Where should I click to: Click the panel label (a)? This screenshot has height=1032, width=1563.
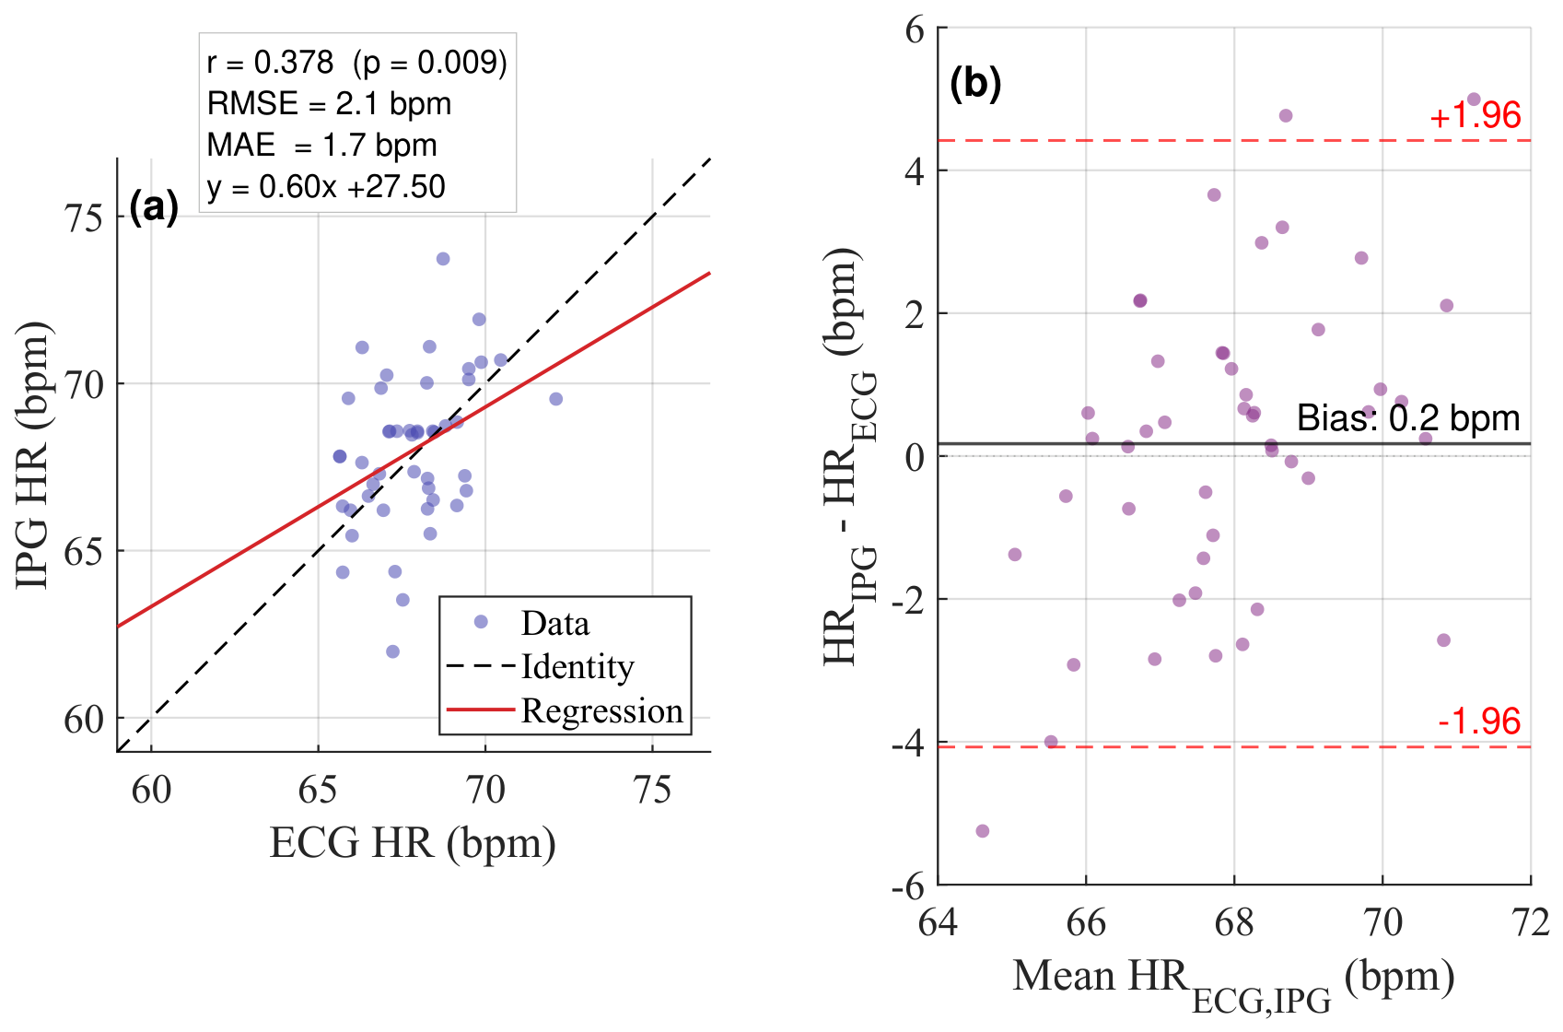154,208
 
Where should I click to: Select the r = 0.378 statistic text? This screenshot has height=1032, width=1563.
270,63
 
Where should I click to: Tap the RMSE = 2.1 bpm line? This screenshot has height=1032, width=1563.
329,104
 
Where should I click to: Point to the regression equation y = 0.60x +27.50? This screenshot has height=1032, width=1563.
326,187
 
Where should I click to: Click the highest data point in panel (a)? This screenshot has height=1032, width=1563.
443,259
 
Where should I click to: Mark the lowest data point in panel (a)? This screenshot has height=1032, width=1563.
393,651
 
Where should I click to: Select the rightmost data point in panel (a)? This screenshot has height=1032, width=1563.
556,399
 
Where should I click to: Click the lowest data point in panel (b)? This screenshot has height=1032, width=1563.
983,831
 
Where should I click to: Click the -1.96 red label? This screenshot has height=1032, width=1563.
1479,721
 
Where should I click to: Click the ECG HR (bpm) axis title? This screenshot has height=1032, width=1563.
413,843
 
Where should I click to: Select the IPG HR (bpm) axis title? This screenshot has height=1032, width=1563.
33,455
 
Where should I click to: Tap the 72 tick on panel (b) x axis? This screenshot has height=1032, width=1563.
1531,923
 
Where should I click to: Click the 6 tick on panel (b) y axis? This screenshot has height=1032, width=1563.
915,30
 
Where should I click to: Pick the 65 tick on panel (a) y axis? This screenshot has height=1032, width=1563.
83,552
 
